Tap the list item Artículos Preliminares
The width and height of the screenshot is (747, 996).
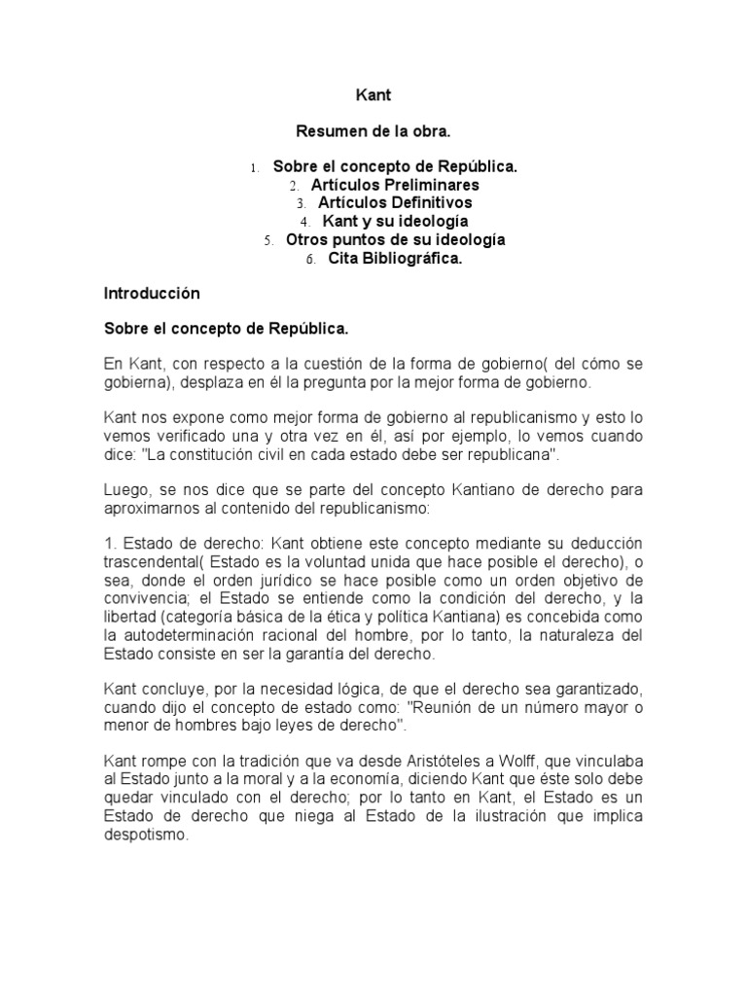tap(395, 185)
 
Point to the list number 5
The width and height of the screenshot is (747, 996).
tap(267, 240)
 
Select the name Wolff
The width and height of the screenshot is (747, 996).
tap(538, 760)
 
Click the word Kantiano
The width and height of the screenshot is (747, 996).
tap(434, 488)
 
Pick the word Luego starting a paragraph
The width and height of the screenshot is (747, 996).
tap(126, 488)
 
